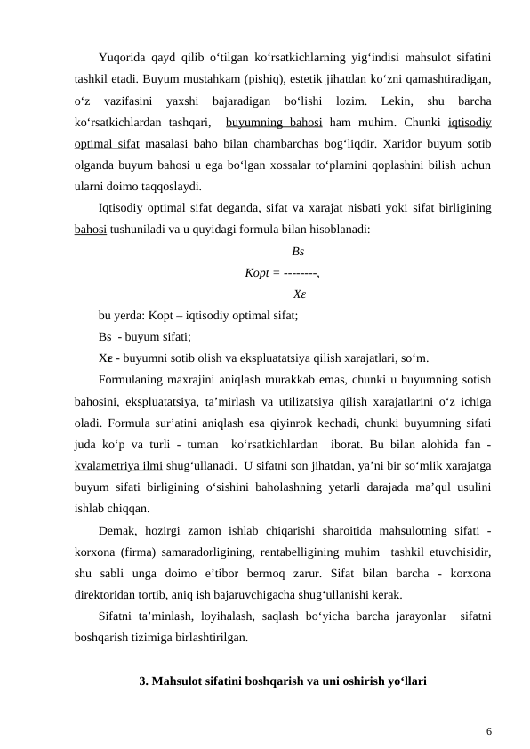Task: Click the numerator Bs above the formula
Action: (x=297, y=252)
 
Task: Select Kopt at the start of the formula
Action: (x=258, y=272)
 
